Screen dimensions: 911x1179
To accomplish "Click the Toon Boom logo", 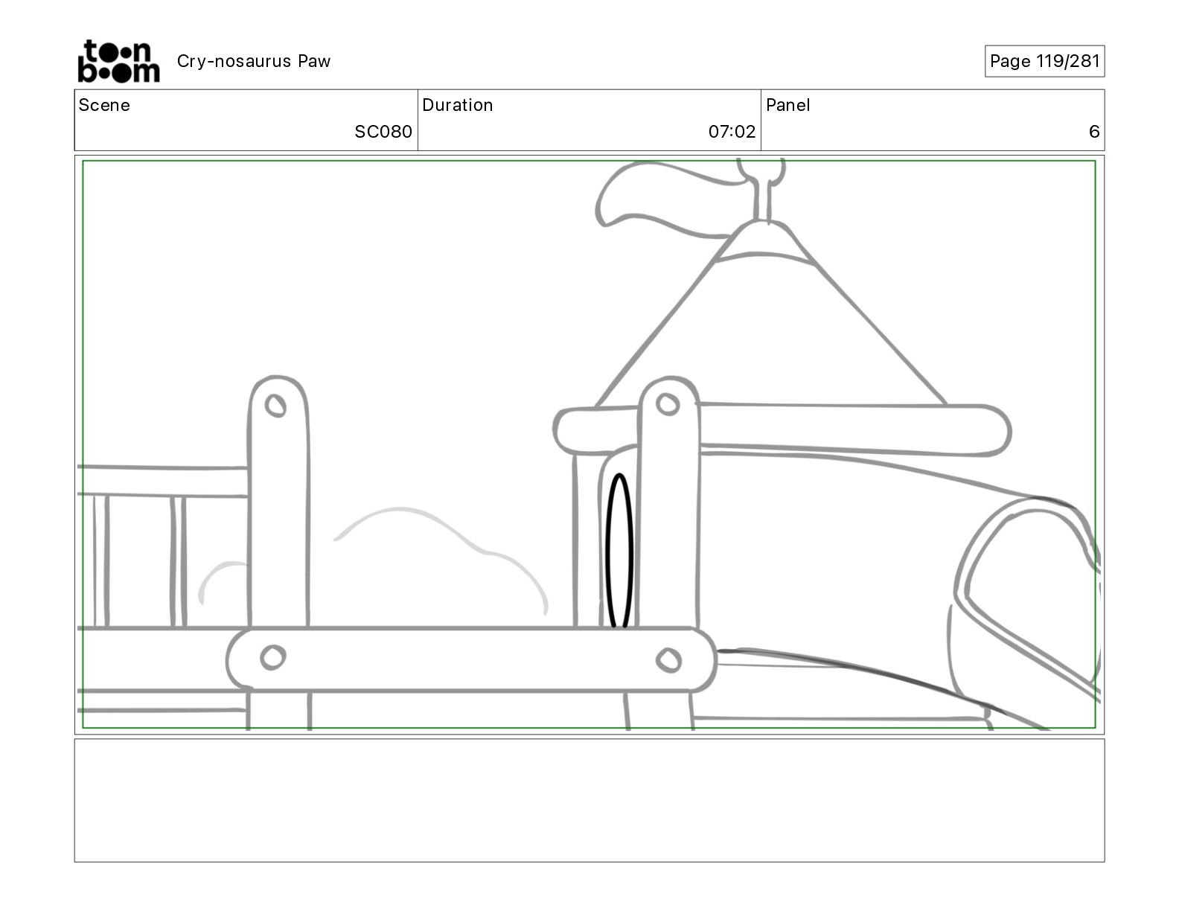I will pyautogui.click(x=118, y=61).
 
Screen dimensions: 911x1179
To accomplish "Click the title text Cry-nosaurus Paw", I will pyautogui.click(x=253, y=61).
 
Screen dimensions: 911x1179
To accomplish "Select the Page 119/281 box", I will pyautogui.click(x=1044, y=61).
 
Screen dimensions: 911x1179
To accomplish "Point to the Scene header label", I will pyautogui.click(x=104, y=105).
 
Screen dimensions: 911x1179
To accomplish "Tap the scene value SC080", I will pyautogui.click(x=383, y=132).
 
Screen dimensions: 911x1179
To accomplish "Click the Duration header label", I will pyautogui.click(x=457, y=105).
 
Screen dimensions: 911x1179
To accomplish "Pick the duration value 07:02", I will pyautogui.click(x=732, y=132).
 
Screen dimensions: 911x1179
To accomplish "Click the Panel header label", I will pyautogui.click(x=787, y=105).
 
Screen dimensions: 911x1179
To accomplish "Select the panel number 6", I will pyautogui.click(x=1093, y=132).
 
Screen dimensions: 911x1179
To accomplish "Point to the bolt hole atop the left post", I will pyautogui.click(x=276, y=406).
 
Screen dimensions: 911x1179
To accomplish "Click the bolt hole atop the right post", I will pyautogui.click(x=668, y=404).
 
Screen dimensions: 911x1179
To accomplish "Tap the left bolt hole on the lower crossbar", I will pyautogui.click(x=272, y=657).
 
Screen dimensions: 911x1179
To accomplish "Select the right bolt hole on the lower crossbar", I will pyautogui.click(x=668, y=659).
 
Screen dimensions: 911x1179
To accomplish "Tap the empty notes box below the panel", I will pyautogui.click(x=589, y=800).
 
